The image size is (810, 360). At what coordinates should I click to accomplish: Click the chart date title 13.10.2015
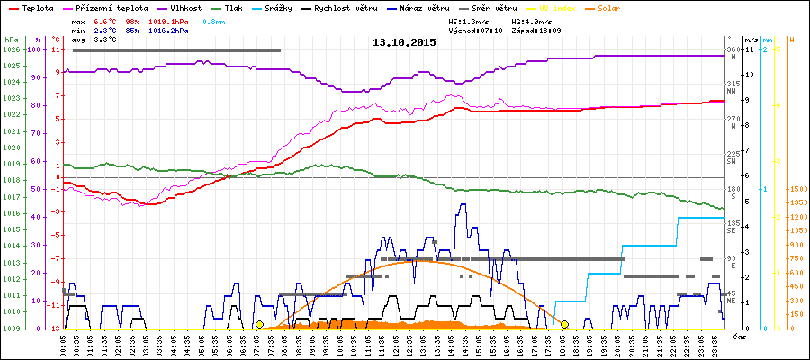pos(404,42)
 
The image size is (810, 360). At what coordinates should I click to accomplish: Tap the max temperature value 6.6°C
pos(105,20)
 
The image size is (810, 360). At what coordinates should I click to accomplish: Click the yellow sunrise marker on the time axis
pos(259,324)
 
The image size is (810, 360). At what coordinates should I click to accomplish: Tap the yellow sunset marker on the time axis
pos(565,324)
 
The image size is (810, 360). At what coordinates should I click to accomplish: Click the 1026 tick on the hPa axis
pos(11,49)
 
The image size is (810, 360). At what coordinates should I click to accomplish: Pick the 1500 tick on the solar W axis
pos(795,189)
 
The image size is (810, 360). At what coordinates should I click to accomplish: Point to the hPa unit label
pos(10,40)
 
